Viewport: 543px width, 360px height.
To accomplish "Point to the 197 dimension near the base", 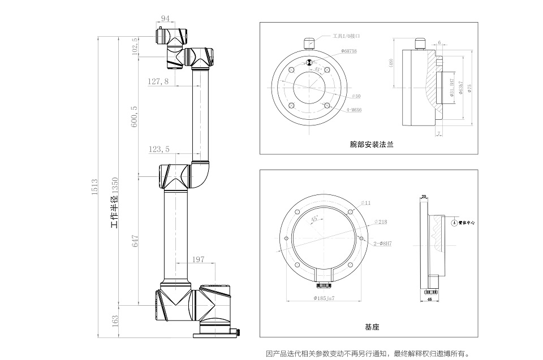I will pyautogui.click(x=198, y=259).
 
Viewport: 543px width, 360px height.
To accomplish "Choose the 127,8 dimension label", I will pyautogui.click(x=158, y=81).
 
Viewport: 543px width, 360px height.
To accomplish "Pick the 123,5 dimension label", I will pyautogui.click(x=159, y=150).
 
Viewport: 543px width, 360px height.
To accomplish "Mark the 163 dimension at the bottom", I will pyautogui.click(x=115, y=321).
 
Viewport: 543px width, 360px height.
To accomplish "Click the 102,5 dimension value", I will pyautogui.click(x=134, y=47).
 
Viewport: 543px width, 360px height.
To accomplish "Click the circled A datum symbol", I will pyautogui.click(x=454, y=223).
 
